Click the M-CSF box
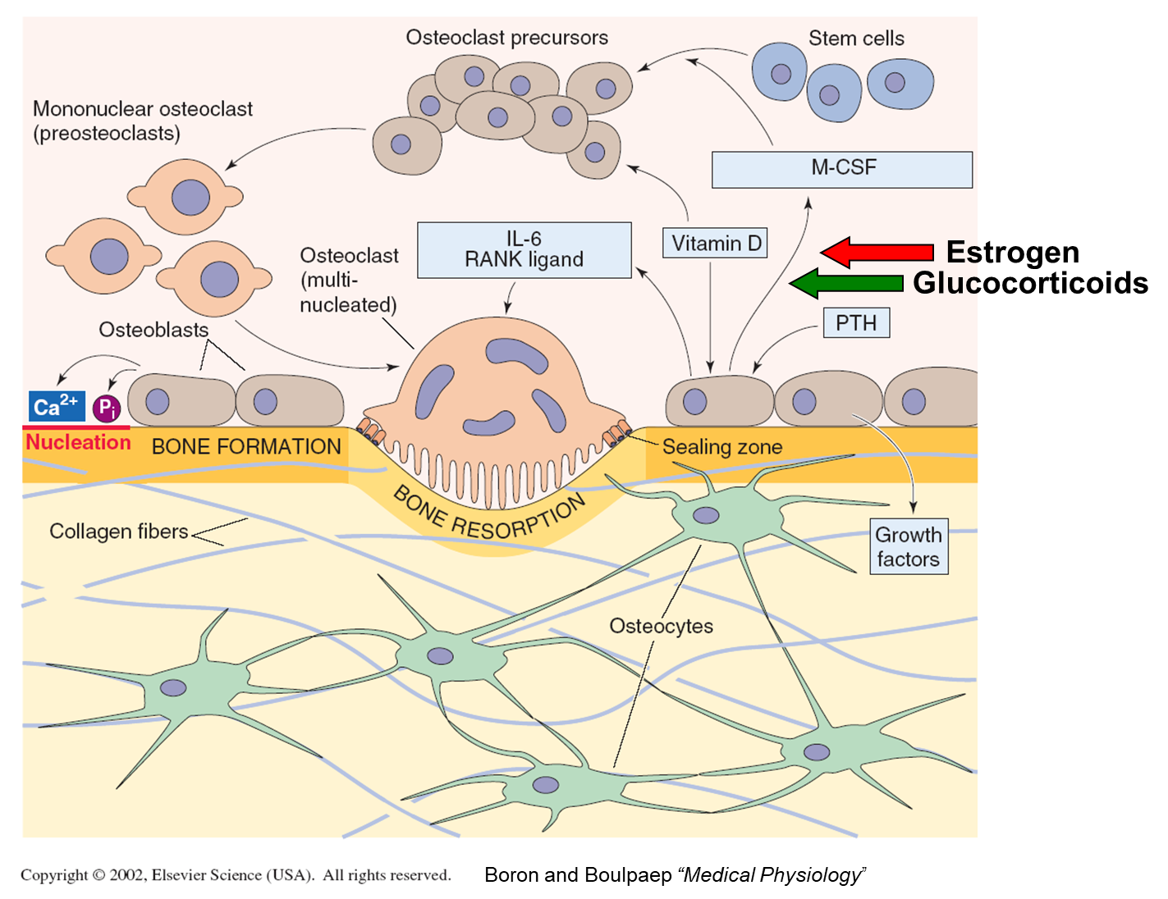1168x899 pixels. click(x=842, y=169)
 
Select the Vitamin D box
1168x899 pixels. click(x=715, y=244)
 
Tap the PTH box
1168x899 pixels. click(x=856, y=323)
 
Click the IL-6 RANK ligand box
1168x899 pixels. click(x=524, y=249)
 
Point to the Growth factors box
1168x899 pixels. click(x=909, y=547)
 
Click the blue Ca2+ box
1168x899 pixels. click(x=56, y=406)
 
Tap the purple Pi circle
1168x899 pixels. click(x=107, y=408)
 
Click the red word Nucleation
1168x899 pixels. click(x=78, y=442)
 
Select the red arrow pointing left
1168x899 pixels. click(x=877, y=252)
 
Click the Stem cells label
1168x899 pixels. click(x=856, y=39)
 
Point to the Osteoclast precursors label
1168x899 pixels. click(x=506, y=38)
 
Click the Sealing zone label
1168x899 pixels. click(x=722, y=447)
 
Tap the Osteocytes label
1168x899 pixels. click(x=661, y=626)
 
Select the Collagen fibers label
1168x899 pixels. click(x=119, y=532)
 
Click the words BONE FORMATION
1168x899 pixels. click(x=246, y=447)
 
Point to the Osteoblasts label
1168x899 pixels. click(x=153, y=330)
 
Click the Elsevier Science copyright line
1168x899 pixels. click(x=236, y=875)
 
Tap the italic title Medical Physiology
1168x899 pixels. click(x=772, y=875)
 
